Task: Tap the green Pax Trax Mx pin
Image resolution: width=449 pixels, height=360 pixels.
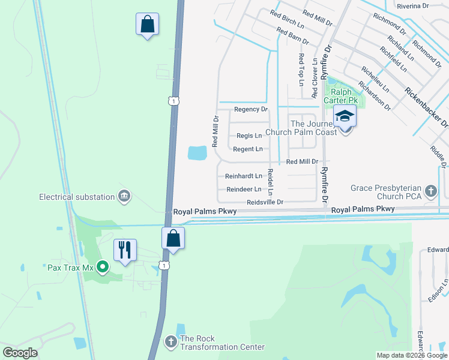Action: click(102, 267)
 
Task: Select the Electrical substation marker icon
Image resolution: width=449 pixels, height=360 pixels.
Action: click(124, 196)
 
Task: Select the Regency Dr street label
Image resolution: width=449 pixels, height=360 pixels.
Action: click(250, 109)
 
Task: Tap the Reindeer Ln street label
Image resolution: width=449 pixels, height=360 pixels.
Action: click(244, 190)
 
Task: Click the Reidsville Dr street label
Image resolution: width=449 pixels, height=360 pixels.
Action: click(265, 202)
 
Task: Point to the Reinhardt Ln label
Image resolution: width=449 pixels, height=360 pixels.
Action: click(244, 176)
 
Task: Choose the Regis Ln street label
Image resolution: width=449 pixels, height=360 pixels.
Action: click(249, 136)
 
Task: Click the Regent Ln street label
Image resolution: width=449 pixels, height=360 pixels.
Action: click(248, 149)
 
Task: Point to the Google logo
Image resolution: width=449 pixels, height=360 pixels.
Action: click(20, 353)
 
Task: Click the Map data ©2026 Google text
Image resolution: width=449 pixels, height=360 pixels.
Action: click(411, 355)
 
